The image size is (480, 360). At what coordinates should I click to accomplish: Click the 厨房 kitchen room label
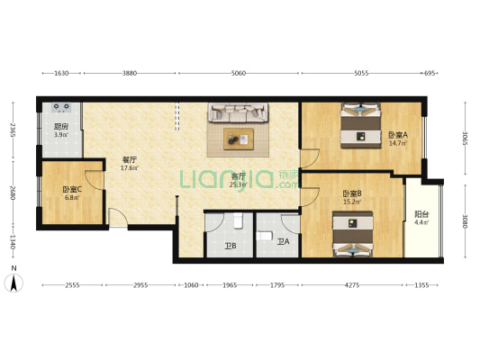pyautogui.click(x=60, y=127)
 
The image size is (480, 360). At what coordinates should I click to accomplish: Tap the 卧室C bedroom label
pyautogui.click(x=71, y=189)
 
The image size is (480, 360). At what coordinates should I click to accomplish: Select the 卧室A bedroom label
pyautogui.click(x=397, y=136)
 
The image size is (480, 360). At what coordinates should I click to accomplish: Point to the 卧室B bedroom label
pyautogui.click(x=352, y=193)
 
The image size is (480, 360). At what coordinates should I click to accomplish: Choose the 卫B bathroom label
pyautogui.click(x=230, y=245)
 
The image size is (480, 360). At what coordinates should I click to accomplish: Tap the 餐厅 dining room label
pyautogui.click(x=129, y=160)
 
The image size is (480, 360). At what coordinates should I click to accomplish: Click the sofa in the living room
pyautogui.click(x=239, y=113)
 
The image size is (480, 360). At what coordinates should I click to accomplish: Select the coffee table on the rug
pyautogui.click(x=239, y=139)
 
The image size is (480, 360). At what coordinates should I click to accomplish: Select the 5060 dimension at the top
pyautogui.click(x=238, y=74)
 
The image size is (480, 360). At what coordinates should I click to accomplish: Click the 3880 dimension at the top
pyautogui.click(x=130, y=74)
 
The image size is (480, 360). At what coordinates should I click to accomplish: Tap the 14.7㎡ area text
pyautogui.click(x=397, y=143)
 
